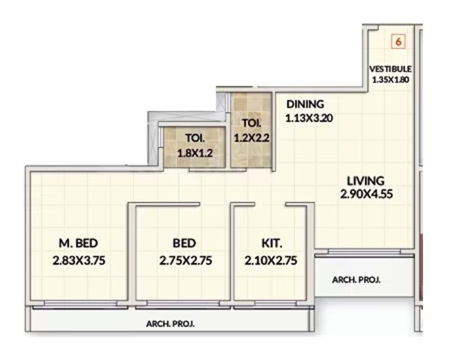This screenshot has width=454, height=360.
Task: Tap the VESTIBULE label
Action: click(x=390, y=68)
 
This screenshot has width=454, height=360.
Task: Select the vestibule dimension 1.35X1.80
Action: click(x=390, y=80)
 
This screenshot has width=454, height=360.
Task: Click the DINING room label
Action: click(x=305, y=104)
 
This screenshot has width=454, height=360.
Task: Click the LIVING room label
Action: click(x=366, y=180)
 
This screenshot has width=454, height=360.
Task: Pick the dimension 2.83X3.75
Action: click(x=79, y=259)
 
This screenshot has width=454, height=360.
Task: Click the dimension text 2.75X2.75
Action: click(x=185, y=259)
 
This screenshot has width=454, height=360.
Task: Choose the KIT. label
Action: click(x=271, y=243)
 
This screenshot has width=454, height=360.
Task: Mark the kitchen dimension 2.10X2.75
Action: click(x=271, y=259)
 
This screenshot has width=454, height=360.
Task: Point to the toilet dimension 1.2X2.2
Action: click(x=251, y=138)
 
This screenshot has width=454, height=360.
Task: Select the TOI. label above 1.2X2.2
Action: click(x=251, y=122)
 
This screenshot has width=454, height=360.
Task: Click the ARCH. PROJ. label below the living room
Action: click(x=356, y=279)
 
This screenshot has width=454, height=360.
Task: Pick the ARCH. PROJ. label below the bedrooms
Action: click(x=170, y=323)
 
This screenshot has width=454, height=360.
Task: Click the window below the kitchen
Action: click(x=271, y=304)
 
